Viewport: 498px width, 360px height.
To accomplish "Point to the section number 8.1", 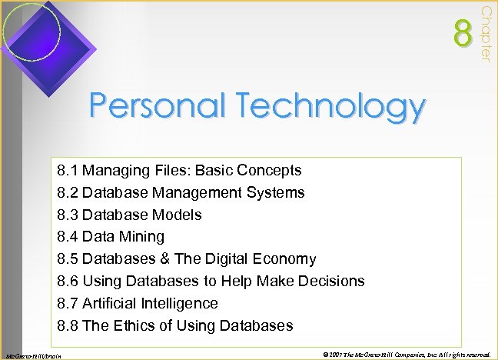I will (68, 170).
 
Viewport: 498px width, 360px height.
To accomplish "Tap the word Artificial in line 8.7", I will (108, 303).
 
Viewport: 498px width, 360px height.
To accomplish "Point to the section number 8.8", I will (68, 325).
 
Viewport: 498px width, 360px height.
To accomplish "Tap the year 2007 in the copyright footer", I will (333, 353).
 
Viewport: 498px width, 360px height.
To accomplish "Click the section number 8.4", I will (68, 236).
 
